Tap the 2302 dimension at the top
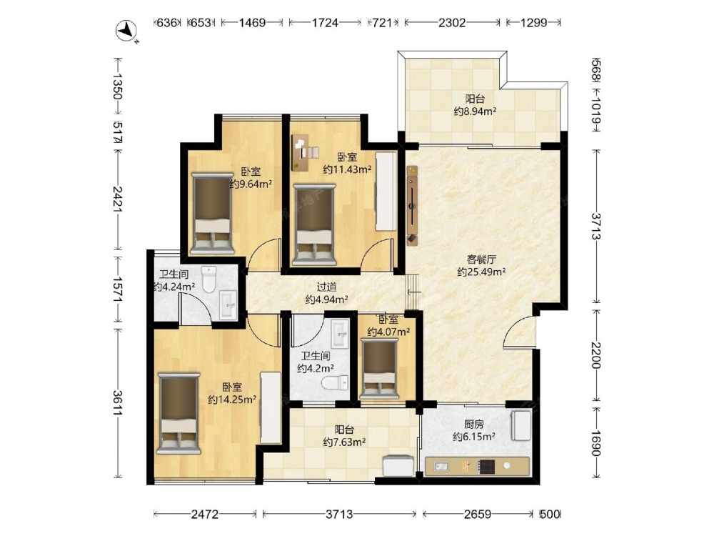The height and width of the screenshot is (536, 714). pos(452,22)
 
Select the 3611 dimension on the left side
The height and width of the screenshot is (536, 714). pos(118,403)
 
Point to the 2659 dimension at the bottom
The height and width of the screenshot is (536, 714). pos(478,514)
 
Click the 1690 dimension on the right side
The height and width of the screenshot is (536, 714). pos(596,440)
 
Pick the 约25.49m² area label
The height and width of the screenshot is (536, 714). pos(481,272)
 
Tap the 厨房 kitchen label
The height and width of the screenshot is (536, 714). pos(473,425)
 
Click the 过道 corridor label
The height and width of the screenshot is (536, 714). pos(326,287)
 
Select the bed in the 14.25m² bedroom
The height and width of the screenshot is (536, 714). pos(178,413)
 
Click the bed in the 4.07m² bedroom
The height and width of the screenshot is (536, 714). pos(379,369)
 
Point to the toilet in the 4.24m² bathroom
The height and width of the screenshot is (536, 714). pos(208,279)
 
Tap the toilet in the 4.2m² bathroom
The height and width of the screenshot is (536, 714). pos(335,382)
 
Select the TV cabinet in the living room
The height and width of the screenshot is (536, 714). pos(412,206)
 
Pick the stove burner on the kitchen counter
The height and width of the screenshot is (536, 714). pos(486,466)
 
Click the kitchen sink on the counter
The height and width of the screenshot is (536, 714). pos(441,466)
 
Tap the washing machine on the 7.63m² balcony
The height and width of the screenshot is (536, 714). pos(398,466)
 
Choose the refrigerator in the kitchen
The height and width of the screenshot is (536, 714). pos(521,426)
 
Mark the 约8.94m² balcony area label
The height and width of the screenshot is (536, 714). pos(475,111)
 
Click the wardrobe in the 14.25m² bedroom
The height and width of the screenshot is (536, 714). pos(270,407)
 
